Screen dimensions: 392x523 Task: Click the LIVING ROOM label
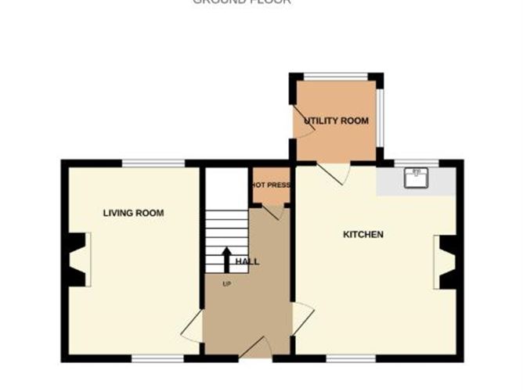[133, 213]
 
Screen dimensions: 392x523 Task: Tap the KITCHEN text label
[363, 234]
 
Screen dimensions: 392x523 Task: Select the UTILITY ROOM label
[337, 121]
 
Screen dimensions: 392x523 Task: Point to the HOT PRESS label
[271, 185]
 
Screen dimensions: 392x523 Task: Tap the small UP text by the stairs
[226, 282]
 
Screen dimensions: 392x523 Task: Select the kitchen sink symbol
[415, 178]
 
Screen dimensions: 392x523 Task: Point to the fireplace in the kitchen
[448, 262]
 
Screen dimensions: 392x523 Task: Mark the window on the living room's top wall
[153, 163]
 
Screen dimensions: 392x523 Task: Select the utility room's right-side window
[380, 117]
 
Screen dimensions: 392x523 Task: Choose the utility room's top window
[335, 77]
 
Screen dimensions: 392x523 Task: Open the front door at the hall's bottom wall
[255, 349]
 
